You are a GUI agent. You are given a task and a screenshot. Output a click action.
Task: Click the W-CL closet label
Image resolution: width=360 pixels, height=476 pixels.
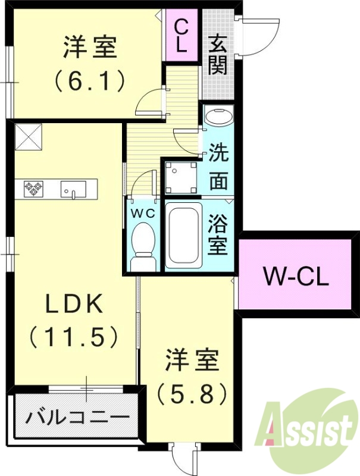tap(296, 276)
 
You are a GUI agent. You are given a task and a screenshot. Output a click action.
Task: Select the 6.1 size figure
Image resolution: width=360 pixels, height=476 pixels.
tap(89, 80)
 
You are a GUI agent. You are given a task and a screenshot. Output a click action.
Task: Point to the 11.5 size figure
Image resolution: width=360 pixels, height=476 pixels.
tap(74, 338)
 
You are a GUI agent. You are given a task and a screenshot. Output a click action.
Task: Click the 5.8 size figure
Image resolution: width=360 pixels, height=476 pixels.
tap(192, 392)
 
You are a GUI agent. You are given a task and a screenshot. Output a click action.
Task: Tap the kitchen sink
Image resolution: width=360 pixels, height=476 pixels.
tap(73, 189)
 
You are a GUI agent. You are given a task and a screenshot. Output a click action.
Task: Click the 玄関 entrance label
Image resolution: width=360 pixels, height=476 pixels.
tap(218, 55)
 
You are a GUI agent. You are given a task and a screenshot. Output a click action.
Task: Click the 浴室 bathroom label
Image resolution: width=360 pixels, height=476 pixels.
tap(218, 236)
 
